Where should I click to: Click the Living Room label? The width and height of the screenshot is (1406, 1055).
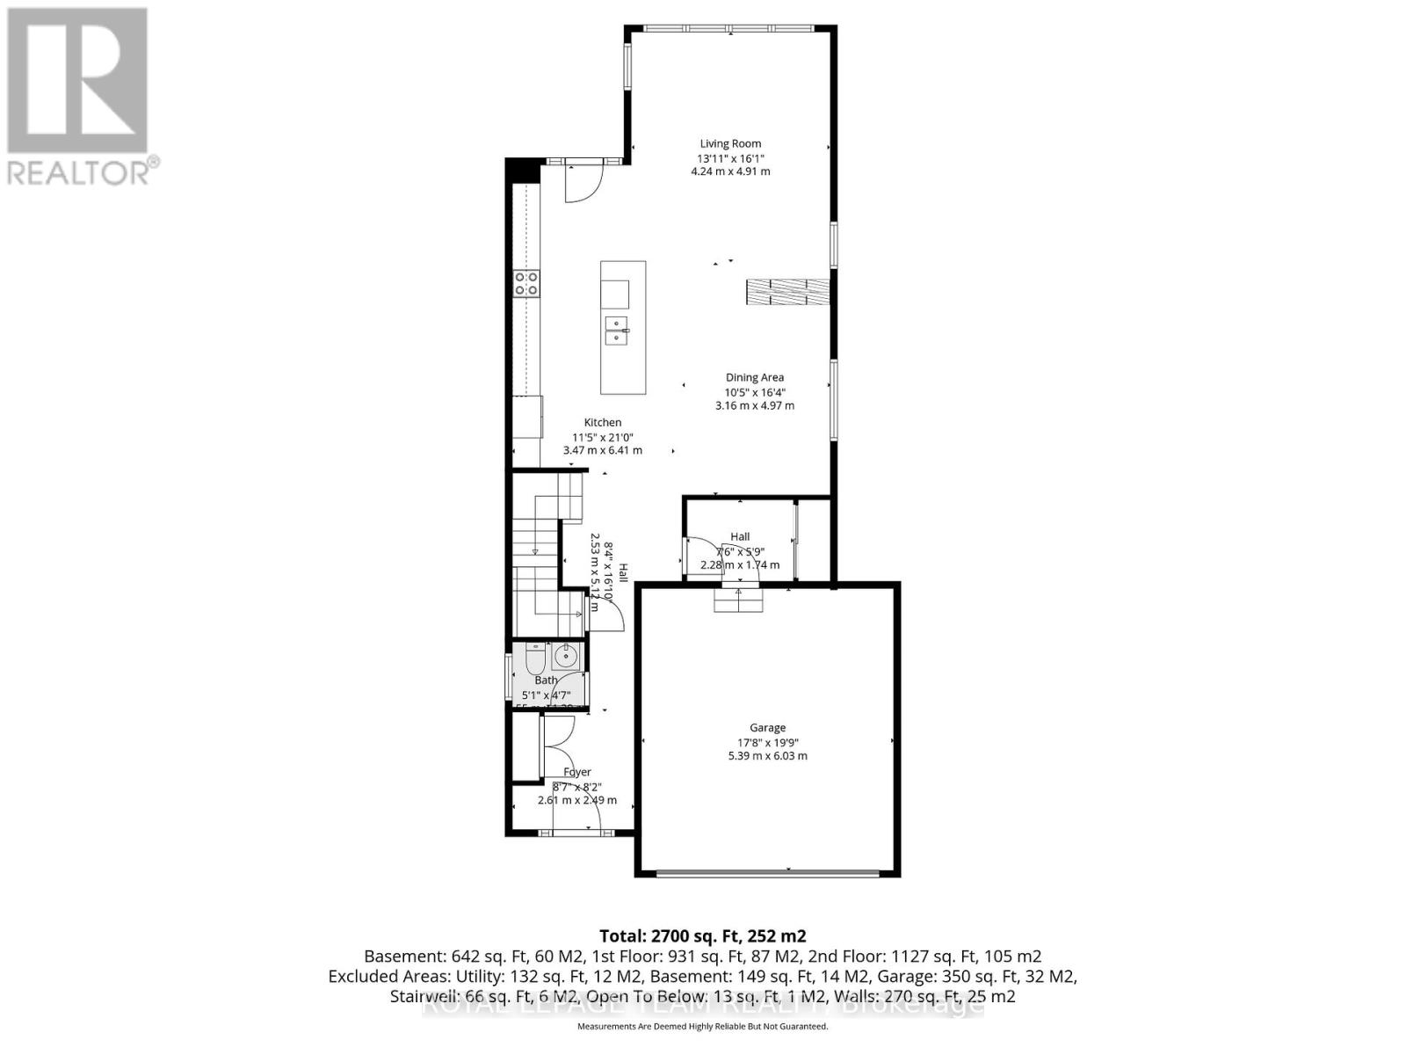(730, 143)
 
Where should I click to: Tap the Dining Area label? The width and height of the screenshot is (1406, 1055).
(754, 377)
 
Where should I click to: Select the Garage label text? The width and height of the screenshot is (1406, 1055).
(767, 727)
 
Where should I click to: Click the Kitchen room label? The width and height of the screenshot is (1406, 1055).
(603, 422)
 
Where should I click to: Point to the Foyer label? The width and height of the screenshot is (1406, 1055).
(577, 772)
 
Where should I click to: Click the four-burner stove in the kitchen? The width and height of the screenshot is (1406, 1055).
(526, 283)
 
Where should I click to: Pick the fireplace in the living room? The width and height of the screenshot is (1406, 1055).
(787, 292)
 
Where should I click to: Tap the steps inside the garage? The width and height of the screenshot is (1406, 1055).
(738, 601)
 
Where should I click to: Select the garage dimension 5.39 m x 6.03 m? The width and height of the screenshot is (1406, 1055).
(767, 756)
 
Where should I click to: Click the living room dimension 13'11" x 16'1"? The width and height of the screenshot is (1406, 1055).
(730, 158)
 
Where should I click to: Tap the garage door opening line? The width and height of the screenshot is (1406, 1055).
(767, 873)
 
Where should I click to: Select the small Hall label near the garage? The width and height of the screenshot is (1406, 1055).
(740, 536)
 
